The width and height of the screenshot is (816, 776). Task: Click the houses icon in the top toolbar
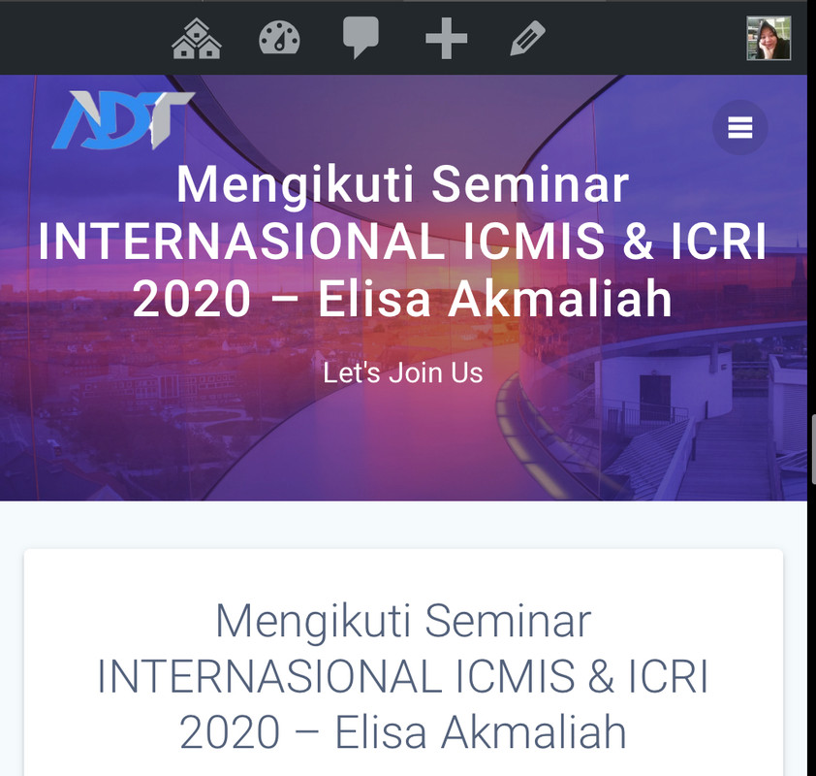click(x=197, y=38)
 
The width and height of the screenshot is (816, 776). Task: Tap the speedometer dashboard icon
click(x=279, y=38)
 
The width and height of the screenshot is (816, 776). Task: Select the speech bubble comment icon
click(x=361, y=38)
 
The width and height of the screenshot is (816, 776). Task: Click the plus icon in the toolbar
click(x=446, y=38)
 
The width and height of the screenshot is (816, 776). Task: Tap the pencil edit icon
click(x=528, y=38)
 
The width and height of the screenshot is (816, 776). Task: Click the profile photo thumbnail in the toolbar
click(x=769, y=38)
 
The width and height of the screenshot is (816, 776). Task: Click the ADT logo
click(x=123, y=119)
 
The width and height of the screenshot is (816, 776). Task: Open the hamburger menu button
click(x=740, y=128)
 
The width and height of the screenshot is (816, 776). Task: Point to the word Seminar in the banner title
click(x=530, y=184)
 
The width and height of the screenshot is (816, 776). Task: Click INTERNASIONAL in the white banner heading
click(x=241, y=242)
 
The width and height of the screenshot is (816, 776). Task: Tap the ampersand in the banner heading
click(x=638, y=242)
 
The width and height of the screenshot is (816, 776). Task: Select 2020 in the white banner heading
click(x=192, y=299)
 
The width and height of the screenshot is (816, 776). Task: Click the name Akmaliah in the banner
click(x=560, y=299)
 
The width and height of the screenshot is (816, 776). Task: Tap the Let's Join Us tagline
click(x=403, y=372)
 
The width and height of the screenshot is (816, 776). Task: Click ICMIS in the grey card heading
click(x=516, y=676)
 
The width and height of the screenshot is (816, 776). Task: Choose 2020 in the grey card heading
click(x=230, y=732)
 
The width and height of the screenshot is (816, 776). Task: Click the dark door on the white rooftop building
click(x=655, y=396)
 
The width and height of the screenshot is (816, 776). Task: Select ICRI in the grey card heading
click(x=668, y=676)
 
